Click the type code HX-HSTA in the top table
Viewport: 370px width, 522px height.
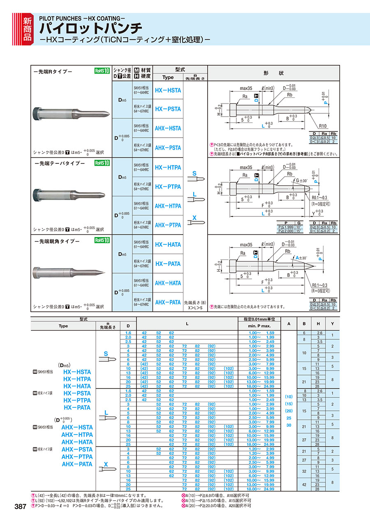click(x=168, y=90)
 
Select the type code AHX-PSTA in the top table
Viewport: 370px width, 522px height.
click(x=168, y=147)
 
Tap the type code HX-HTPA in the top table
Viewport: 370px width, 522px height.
click(x=168, y=167)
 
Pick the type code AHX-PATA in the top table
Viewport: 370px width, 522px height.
click(x=168, y=302)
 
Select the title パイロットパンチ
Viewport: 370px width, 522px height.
click(x=91, y=28)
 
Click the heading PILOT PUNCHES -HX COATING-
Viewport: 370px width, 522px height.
click(x=82, y=18)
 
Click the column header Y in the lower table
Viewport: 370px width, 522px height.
click(x=332, y=324)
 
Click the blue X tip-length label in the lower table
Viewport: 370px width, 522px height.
click(x=106, y=464)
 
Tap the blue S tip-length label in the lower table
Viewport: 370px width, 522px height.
click(x=106, y=353)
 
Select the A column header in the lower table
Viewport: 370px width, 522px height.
click(x=289, y=324)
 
